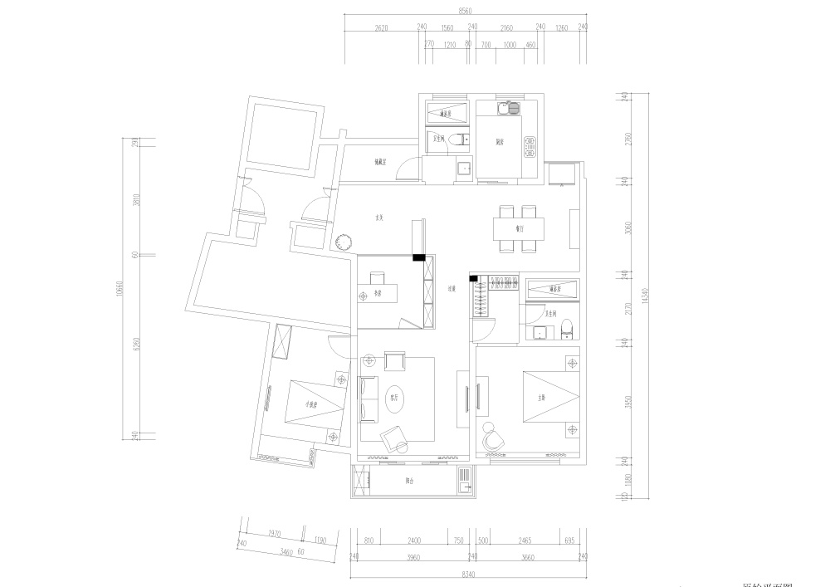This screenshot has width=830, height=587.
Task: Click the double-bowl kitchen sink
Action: pos(507,107)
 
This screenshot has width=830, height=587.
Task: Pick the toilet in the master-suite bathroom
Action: pos(568,330)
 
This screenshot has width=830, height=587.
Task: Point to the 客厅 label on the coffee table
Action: pos(395,397)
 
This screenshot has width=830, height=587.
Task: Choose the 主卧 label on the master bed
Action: pos(541,397)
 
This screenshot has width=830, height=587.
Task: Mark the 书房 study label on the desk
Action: pos(376,292)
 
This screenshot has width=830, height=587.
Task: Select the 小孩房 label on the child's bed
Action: pos(312,404)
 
